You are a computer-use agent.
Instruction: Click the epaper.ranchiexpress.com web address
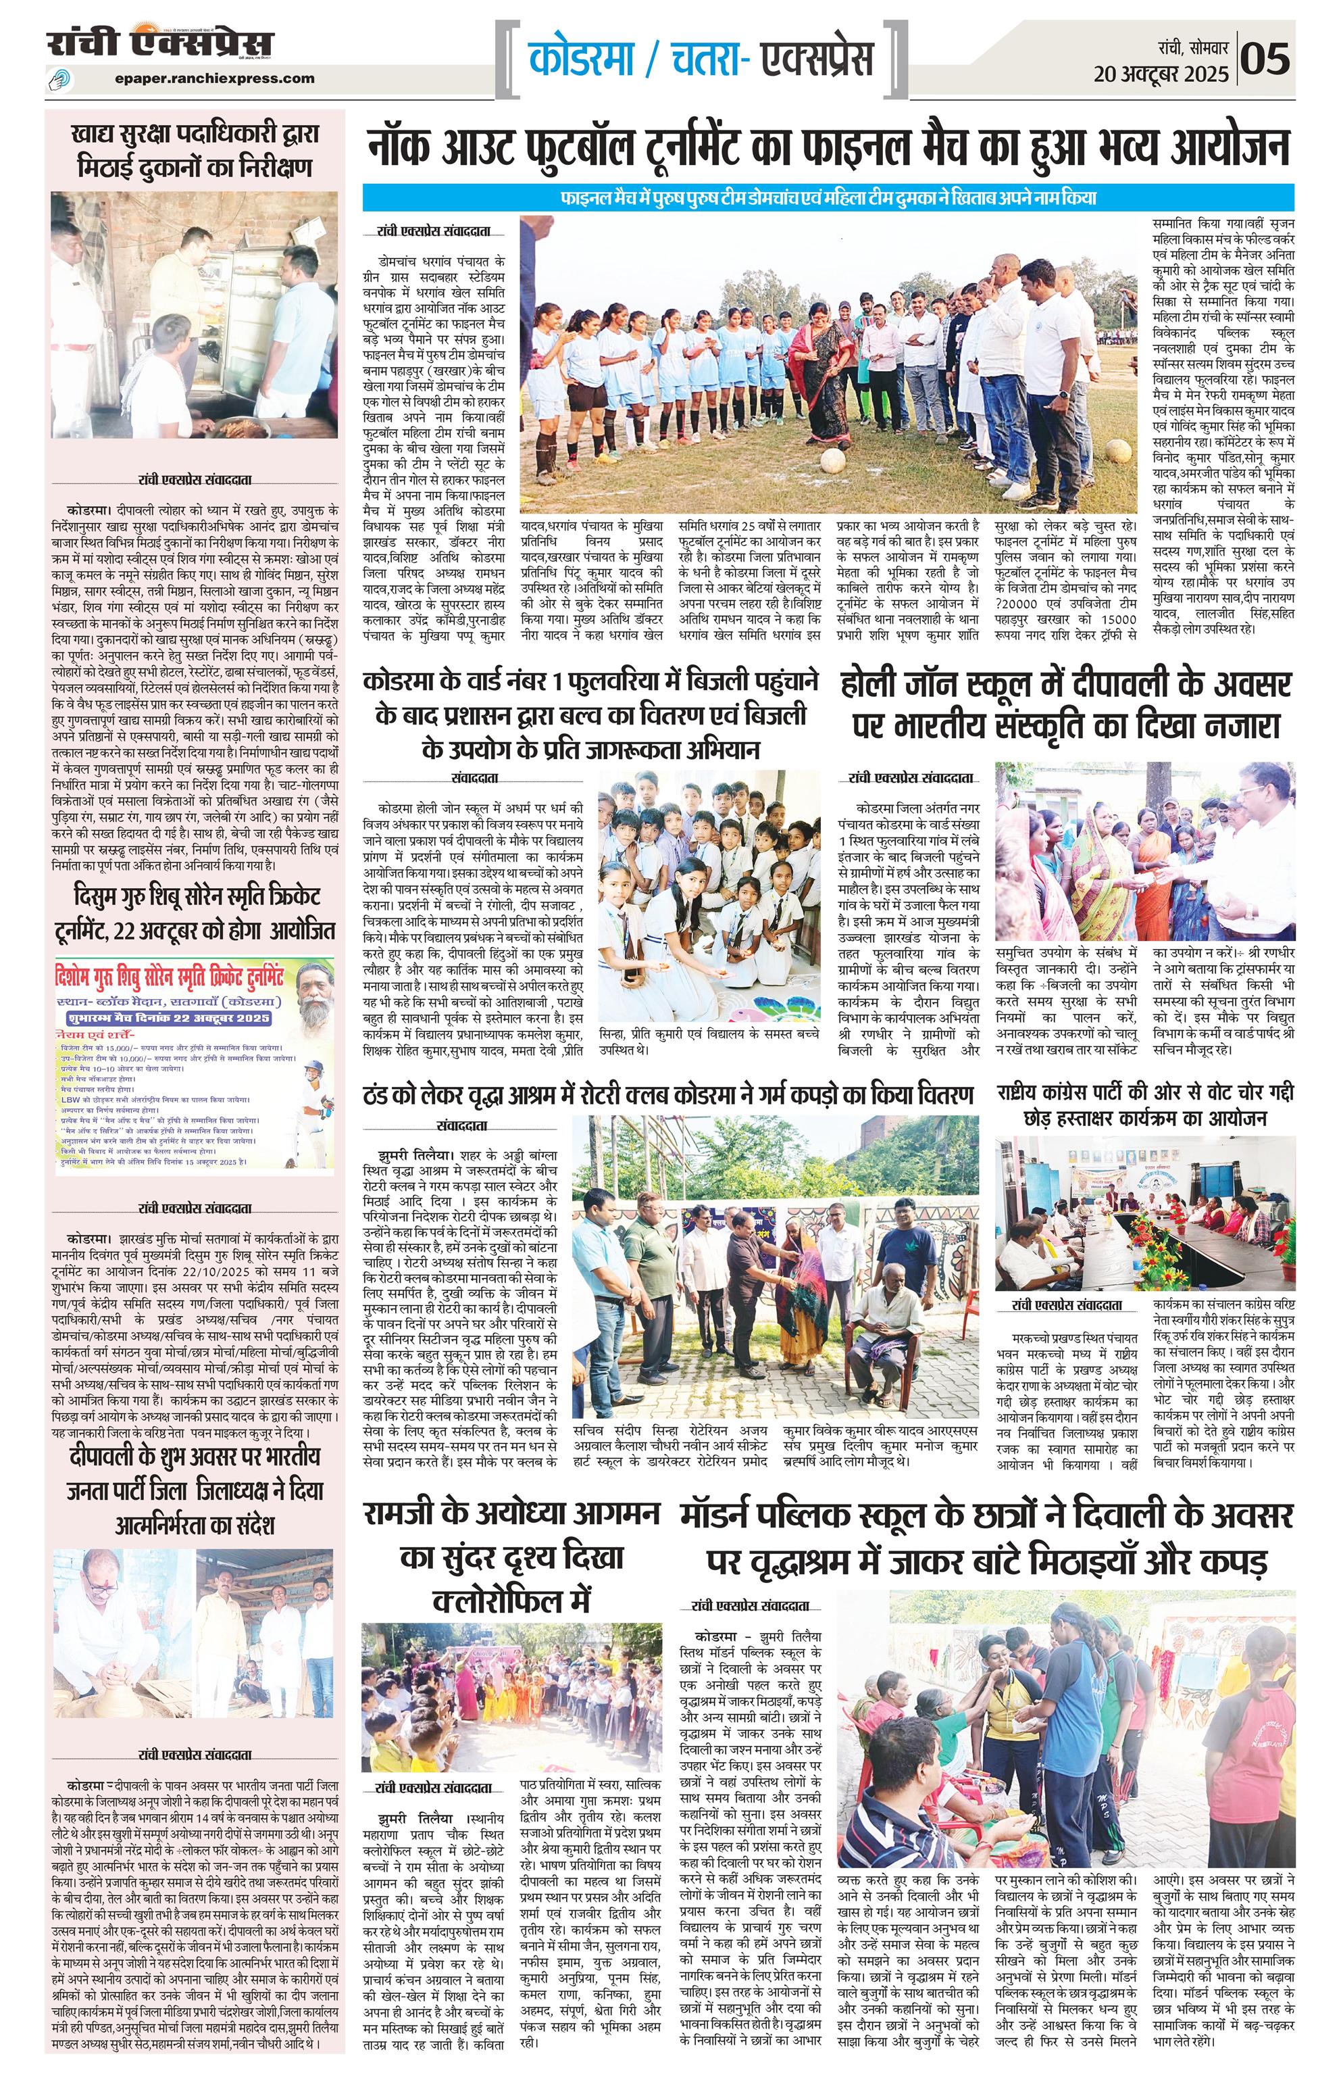click(x=214, y=78)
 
